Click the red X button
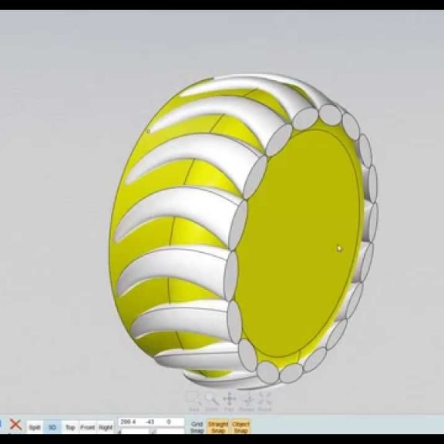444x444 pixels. (x=15, y=425)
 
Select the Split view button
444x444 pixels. (x=35, y=426)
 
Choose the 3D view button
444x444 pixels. (x=52, y=426)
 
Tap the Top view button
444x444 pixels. (x=70, y=426)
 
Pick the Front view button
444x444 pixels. (x=88, y=426)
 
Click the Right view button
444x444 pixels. (x=106, y=426)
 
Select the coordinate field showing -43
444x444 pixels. (x=151, y=422)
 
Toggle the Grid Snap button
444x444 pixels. (x=197, y=427)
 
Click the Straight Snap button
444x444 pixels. (x=218, y=427)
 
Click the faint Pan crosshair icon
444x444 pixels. (x=230, y=399)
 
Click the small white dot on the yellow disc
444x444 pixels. (x=339, y=248)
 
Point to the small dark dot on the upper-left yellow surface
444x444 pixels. (x=148, y=131)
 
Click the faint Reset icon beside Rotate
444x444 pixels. (x=264, y=399)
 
